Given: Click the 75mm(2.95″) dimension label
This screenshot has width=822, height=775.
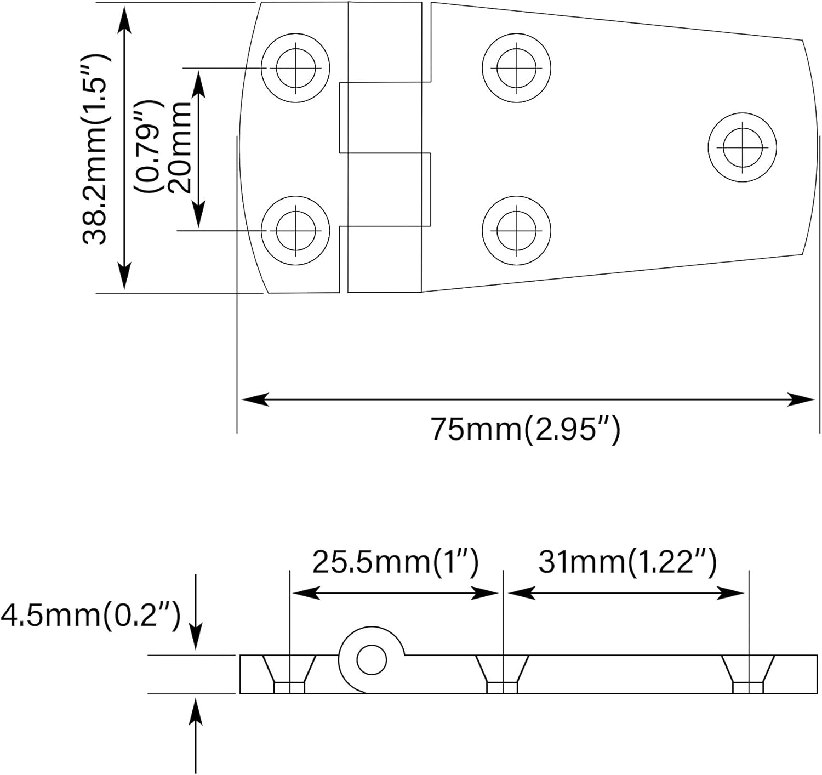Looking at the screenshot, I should [525, 429].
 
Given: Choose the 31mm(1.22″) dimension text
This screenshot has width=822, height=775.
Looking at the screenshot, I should [627, 563].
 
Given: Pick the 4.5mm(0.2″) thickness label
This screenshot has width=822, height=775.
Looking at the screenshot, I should [90, 616].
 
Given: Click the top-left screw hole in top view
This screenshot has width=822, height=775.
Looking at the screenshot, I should [295, 68].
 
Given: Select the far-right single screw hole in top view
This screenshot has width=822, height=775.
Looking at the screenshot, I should [742, 147].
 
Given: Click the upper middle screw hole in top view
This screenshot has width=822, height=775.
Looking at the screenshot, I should [516, 68].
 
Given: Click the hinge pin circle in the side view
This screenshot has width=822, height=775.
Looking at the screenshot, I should [371, 659].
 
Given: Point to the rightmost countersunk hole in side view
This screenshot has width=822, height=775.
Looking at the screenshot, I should [748, 674].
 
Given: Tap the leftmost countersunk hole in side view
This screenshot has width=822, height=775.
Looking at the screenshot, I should [289, 674].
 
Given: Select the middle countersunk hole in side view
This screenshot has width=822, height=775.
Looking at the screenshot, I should [502, 674].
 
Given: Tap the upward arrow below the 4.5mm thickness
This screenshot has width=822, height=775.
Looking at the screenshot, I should [196, 713].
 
